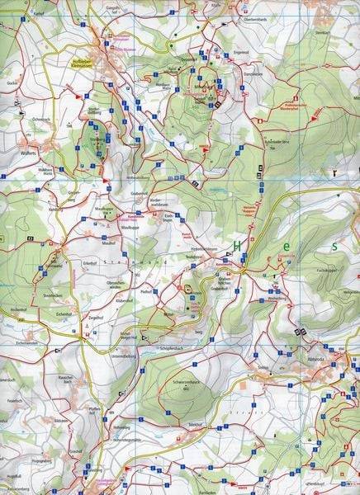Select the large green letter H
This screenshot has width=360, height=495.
(238, 246)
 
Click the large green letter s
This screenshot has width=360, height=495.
(334, 246)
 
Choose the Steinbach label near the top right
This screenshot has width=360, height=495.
(321, 33)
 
